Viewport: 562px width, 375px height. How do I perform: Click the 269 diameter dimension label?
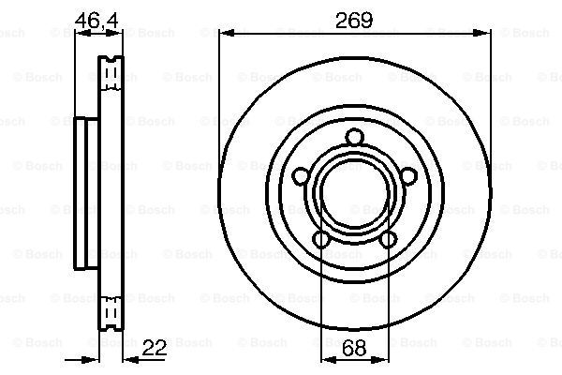(354, 19)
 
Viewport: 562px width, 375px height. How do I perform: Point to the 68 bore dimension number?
(354, 349)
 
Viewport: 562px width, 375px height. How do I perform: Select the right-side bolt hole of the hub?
(408, 176)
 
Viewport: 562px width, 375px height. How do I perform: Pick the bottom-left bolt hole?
(321, 240)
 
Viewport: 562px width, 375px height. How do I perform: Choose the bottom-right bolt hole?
(388, 240)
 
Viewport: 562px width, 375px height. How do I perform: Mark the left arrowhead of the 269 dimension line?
(225, 33)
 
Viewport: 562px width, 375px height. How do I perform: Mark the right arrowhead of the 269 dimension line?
(484, 33)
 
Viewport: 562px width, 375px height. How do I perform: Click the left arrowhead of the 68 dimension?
(327, 360)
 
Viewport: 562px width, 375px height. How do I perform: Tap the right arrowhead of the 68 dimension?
(382, 360)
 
